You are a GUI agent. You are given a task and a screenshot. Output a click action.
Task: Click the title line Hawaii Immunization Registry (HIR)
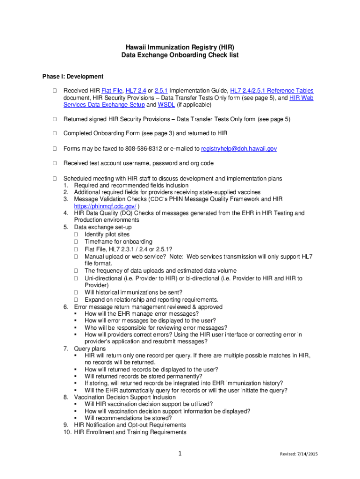(x=180, y=47)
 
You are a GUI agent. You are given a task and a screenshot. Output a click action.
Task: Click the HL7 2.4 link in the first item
(x=136, y=90)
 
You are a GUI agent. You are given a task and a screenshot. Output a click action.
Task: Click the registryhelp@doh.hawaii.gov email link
(x=239, y=148)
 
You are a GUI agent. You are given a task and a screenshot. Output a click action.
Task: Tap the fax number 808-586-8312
(x=144, y=148)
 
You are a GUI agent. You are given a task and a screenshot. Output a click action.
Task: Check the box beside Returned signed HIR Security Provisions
(x=54, y=119)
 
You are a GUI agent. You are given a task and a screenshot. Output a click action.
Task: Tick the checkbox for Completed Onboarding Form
(x=54, y=134)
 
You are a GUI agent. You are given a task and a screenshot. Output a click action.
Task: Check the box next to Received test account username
(x=54, y=163)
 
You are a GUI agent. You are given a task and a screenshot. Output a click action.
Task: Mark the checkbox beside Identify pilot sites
(x=76, y=234)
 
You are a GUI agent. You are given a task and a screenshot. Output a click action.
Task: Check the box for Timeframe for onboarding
(x=76, y=242)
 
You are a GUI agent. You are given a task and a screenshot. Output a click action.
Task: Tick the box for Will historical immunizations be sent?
(x=76, y=292)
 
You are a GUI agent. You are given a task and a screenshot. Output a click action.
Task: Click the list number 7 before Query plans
(x=66, y=348)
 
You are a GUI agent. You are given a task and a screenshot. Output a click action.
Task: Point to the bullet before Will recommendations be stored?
(x=76, y=418)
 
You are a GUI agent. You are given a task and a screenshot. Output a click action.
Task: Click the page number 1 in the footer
(x=180, y=453)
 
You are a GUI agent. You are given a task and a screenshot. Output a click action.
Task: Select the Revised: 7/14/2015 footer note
(x=299, y=454)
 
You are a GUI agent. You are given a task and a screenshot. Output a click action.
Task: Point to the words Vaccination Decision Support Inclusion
(x=125, y=397)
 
